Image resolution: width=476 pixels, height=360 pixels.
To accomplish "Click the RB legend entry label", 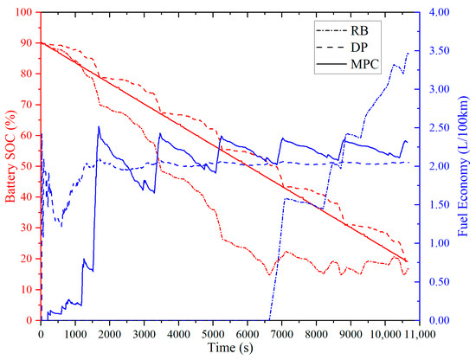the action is point(359,30).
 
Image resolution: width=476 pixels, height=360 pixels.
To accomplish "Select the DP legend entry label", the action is point(359,48).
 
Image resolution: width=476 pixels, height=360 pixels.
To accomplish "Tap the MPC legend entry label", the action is point(365,64).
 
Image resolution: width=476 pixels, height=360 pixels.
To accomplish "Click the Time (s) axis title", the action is point(230,347).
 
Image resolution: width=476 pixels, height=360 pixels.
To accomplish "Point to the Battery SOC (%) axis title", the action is point(11,157).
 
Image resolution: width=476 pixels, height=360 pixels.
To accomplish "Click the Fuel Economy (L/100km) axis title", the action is point(463,166).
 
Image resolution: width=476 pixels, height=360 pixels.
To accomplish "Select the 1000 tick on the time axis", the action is point(75,334).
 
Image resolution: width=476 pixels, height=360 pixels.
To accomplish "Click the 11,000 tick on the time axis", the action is point(420,334).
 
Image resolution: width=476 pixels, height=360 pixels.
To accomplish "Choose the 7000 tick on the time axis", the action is point(282,334).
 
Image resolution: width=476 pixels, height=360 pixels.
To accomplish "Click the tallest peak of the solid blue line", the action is point(99,126).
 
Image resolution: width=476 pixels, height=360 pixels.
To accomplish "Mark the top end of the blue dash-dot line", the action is point(408,53).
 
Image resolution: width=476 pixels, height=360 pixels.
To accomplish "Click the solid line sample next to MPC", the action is point(331,64).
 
